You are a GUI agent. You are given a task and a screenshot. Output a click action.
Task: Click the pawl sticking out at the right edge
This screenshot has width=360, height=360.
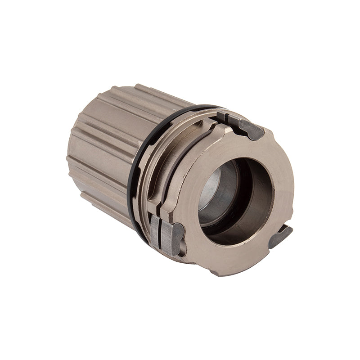(280, 236)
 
